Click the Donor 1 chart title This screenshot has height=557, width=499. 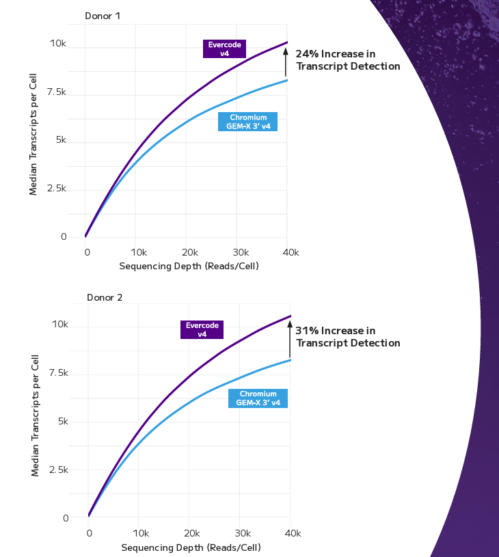pyautogui.click(x=103, y=16)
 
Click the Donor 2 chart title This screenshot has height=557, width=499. pyautogui.click(x=104, y=297)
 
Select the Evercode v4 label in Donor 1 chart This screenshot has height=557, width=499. pyautogui.click(x=225, y=49)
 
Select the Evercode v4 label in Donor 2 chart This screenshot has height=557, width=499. pyautogui.click(x=202, y=329)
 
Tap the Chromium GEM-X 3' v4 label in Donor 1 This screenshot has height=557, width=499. pyautogui.click(x=247, y=122)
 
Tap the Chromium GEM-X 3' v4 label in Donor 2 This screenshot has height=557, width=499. pyautogui.click(x=258, y=398)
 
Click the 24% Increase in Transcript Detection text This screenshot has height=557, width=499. pyautogui.click(x=347, y=60)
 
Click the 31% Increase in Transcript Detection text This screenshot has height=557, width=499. pyautogui.click(x=347, y=337)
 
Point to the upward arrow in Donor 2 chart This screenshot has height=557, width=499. pyautogui.click(x=291, y=338)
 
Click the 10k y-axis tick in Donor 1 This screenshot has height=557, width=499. pyautogui.click(x=57, y=44)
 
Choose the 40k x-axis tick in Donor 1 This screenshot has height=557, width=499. pyautogui.click(x=291, y=253)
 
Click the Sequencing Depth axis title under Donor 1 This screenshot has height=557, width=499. pyautogui.click(x=189, y=266)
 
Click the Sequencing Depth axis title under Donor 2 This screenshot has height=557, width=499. pyautogui.click(x=191, y=547)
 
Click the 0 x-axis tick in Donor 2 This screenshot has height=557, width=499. pyautogui.click(x=89, y=533)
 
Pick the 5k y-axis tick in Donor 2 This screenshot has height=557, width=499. pyautogui.click(x=62, y=422)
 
